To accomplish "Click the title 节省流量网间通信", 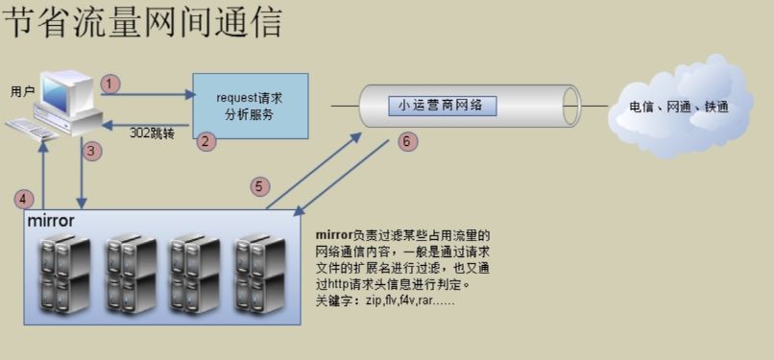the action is coord(142,23).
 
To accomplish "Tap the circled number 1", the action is coord(111,84).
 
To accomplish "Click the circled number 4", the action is coord(26,199).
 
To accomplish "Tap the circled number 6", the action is coord(407,141).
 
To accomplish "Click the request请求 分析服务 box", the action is coord(250,106).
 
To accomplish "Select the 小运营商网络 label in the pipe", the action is coord(443,106).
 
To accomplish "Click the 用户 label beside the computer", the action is coord(22,91).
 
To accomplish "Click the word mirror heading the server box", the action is coord(51,221).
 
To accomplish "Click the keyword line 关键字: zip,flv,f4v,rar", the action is coord(384,300).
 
